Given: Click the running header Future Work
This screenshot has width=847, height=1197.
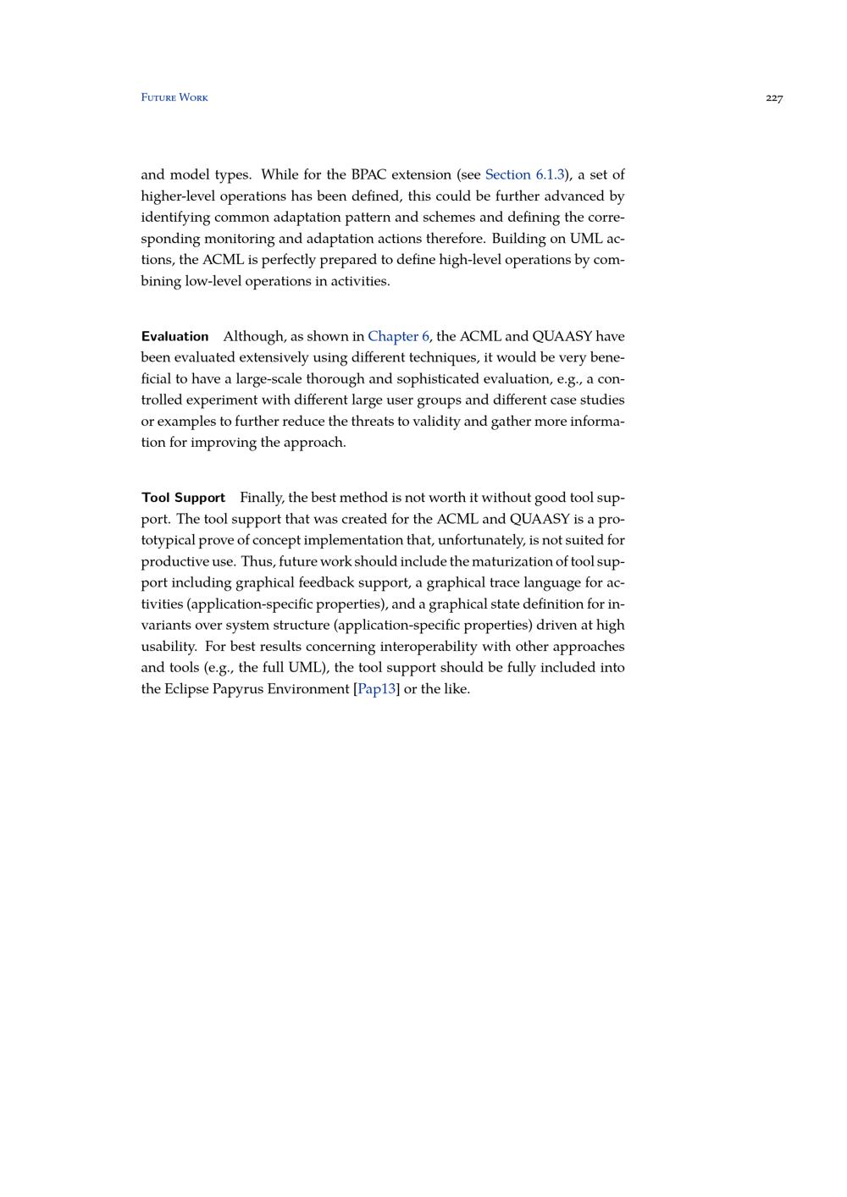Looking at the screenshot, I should click(174, 97).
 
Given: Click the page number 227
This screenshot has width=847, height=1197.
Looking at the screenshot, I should click(774, 98).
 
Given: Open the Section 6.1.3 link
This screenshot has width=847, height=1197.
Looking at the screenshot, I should click(524, 174).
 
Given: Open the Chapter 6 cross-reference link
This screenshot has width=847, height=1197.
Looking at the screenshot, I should click(398, 336).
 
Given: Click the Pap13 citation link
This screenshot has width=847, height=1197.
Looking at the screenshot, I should click(377, 688).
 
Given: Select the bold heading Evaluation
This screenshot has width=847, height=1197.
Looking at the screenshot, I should click(175, 336).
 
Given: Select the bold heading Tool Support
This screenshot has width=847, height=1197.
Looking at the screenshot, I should click(183, 497).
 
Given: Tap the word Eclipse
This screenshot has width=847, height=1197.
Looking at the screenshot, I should click(185, 688).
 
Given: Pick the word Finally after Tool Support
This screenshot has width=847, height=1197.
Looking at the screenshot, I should click(262, 497).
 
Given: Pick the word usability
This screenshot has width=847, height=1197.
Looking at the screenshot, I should click(169, 646).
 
